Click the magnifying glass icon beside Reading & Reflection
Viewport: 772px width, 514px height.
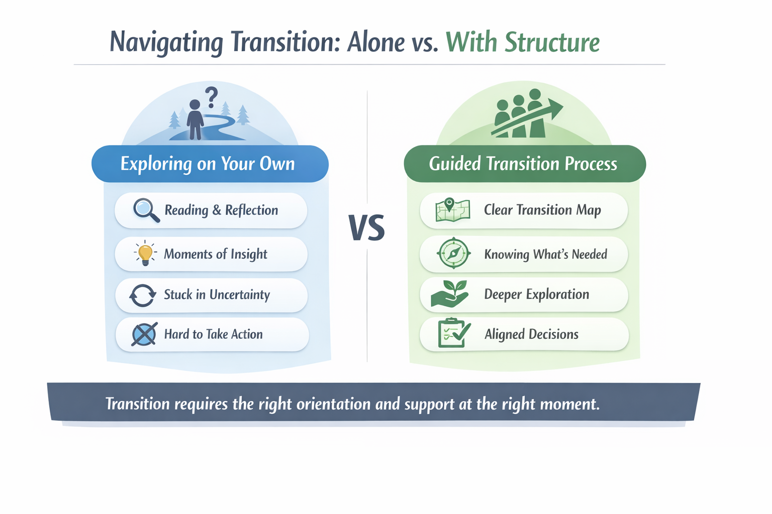pyautogui.click(x=146, y=210)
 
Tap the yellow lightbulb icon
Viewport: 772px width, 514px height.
pyautogui.click(x=145, y=253)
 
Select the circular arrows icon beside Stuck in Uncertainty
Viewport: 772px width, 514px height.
pyautogui.click(x=143, y=295)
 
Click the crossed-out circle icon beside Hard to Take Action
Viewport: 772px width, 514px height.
pyautogui.click(x=144, y=334)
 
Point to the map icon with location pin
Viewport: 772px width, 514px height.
pyautogui.click(x=452, y=210)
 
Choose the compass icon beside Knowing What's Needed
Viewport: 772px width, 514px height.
pyautogui.click(x=453, y=253)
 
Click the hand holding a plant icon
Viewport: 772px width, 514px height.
pyautogui.click(x=450, y=294)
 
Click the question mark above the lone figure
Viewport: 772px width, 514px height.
pyautogui.click(x=212, y=97)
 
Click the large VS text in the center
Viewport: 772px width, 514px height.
pyautogui.click(x=366, y=227)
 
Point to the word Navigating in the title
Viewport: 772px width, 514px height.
pyautogui.click(x=166, y=42)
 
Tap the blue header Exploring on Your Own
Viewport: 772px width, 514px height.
pyautogui.click(x=208, y=164)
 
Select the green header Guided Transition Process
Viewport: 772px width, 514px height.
pyautogui.click(x=523, y=164)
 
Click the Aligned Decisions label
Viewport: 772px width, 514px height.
pyautogui.click(x=531, y=334)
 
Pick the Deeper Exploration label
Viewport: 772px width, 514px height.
pyautogui.click(x=536, y=294)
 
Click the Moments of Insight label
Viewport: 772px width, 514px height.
pyautogui.click(x=216, y=254)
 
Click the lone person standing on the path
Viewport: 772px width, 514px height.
pyautogui.click(x=195, y=119)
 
